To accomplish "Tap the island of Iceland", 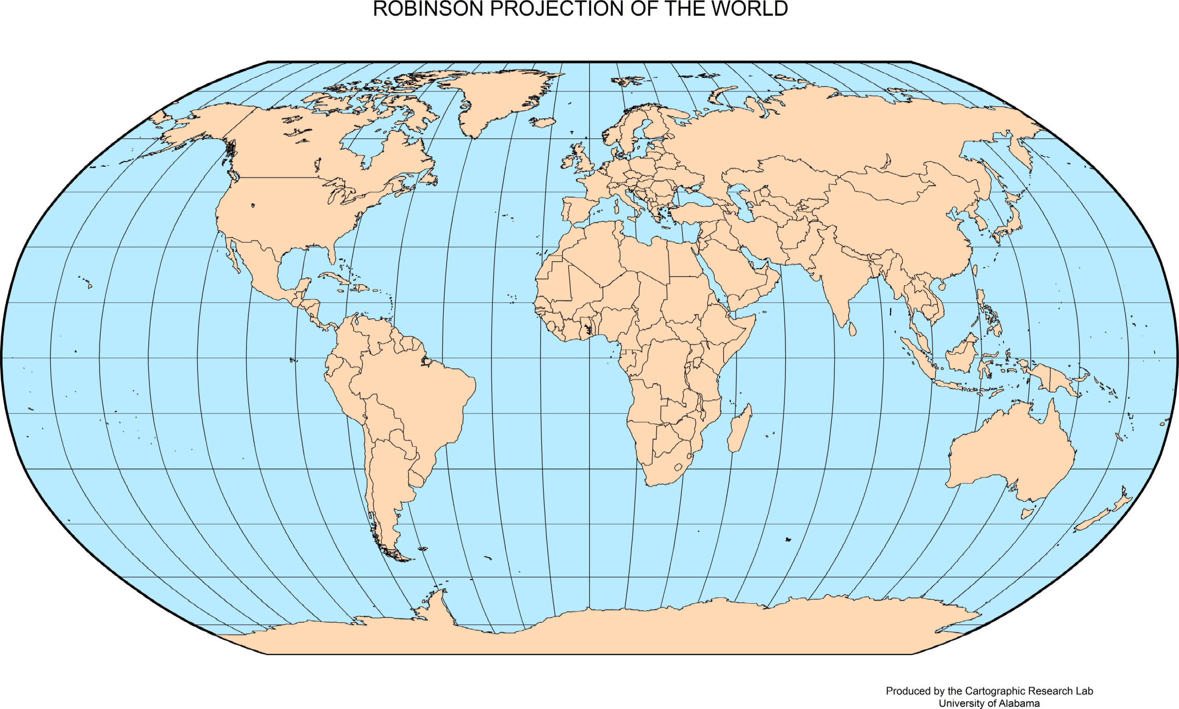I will click(x=543, y=122).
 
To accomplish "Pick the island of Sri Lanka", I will click(x=852, y=328).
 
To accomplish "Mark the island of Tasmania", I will click(x=1027, y=514).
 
